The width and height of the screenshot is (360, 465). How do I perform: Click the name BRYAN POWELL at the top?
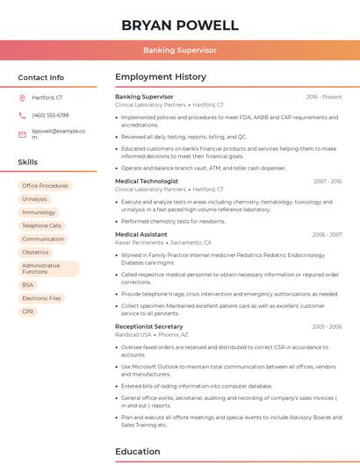click(x=180, y=25)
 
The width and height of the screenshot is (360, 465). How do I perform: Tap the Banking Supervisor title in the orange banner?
click(x=180, y=50)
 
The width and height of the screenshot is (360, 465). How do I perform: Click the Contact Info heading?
click(x=41, y=77)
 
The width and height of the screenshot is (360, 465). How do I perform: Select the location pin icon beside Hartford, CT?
click(x=22, y=97)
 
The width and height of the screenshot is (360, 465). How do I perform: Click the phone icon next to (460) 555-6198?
click(x=22, y=115)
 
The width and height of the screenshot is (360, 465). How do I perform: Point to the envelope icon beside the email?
click(x=22, y=134)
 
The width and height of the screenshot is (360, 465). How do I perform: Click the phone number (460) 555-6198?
click(x=50, y=115)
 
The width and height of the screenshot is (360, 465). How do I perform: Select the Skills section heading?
click(x=28, y=162)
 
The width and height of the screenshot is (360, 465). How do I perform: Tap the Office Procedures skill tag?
click(x=45, y=186)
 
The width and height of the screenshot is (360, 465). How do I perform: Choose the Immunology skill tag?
click(x=39, y=212)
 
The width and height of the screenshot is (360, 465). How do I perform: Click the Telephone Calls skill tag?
click(x=41, y=225)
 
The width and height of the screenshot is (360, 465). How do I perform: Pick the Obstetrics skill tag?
click(x=35, y=252)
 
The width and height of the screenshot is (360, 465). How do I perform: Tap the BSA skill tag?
click(x=28, y=284)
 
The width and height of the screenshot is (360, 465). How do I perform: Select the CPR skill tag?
click(x=28, y=311)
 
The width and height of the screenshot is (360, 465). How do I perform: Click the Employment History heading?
click(x=161, y=77)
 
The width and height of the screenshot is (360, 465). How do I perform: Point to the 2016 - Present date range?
click(x=324, y=97)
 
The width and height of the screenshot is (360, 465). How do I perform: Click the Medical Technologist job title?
click(x=147, y=181)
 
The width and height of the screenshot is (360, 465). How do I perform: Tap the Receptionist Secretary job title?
click(x=149, y=326)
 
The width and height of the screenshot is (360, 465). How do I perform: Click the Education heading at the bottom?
click(x=139, y=452)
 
